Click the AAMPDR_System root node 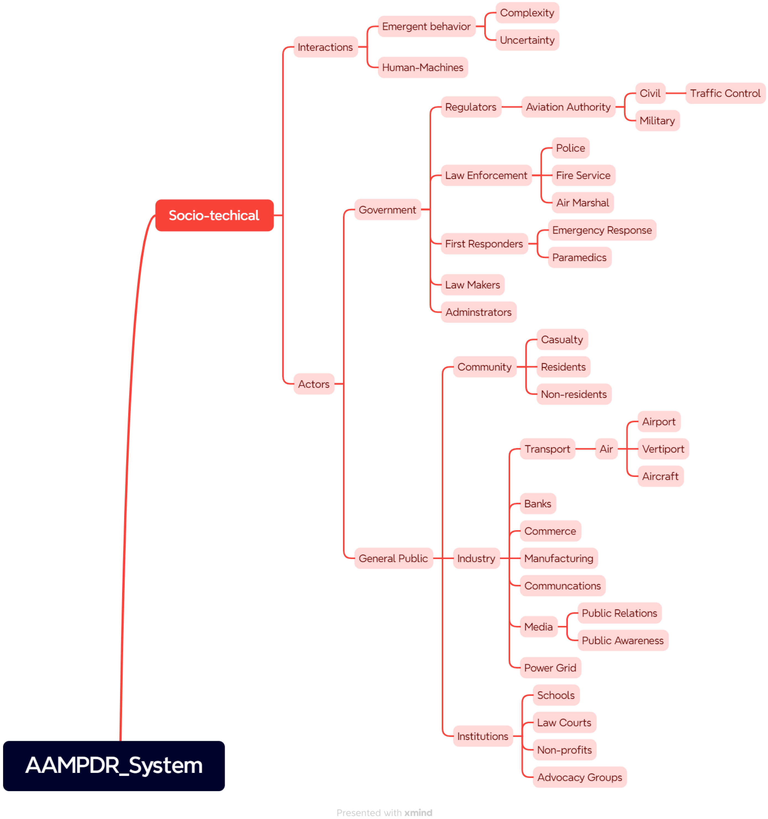(114, 765)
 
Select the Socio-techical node (214, 216)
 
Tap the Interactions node (325, 47)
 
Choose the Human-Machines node (422, 68)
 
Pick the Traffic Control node (725, 93)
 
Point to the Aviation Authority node (568, 107)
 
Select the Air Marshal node (582, 203)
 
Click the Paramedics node (579, 258)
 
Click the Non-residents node (574, 394)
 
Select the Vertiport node (662, 449)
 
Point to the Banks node (537, 504)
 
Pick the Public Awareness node (622, 641)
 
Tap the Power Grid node (550, 668)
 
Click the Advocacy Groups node (579, 777)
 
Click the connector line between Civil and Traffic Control (675, 93)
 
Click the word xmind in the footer (418, 812)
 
